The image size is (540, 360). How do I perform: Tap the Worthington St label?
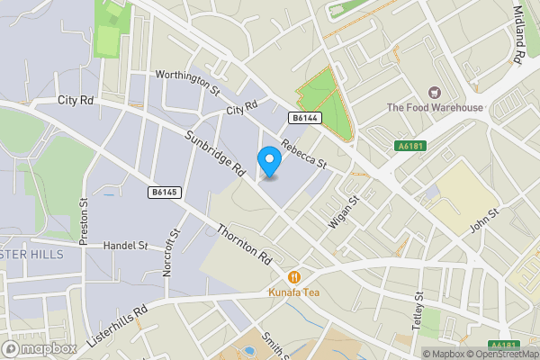pos(187,81)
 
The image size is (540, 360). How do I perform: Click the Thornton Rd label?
pos(245,242)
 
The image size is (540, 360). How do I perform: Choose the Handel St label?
pos(125,245)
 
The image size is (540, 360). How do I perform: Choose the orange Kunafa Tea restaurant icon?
pos(293,276)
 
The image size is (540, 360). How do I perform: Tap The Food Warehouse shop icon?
pos(435,93)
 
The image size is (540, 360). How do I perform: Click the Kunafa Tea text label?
pos(293,292)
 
